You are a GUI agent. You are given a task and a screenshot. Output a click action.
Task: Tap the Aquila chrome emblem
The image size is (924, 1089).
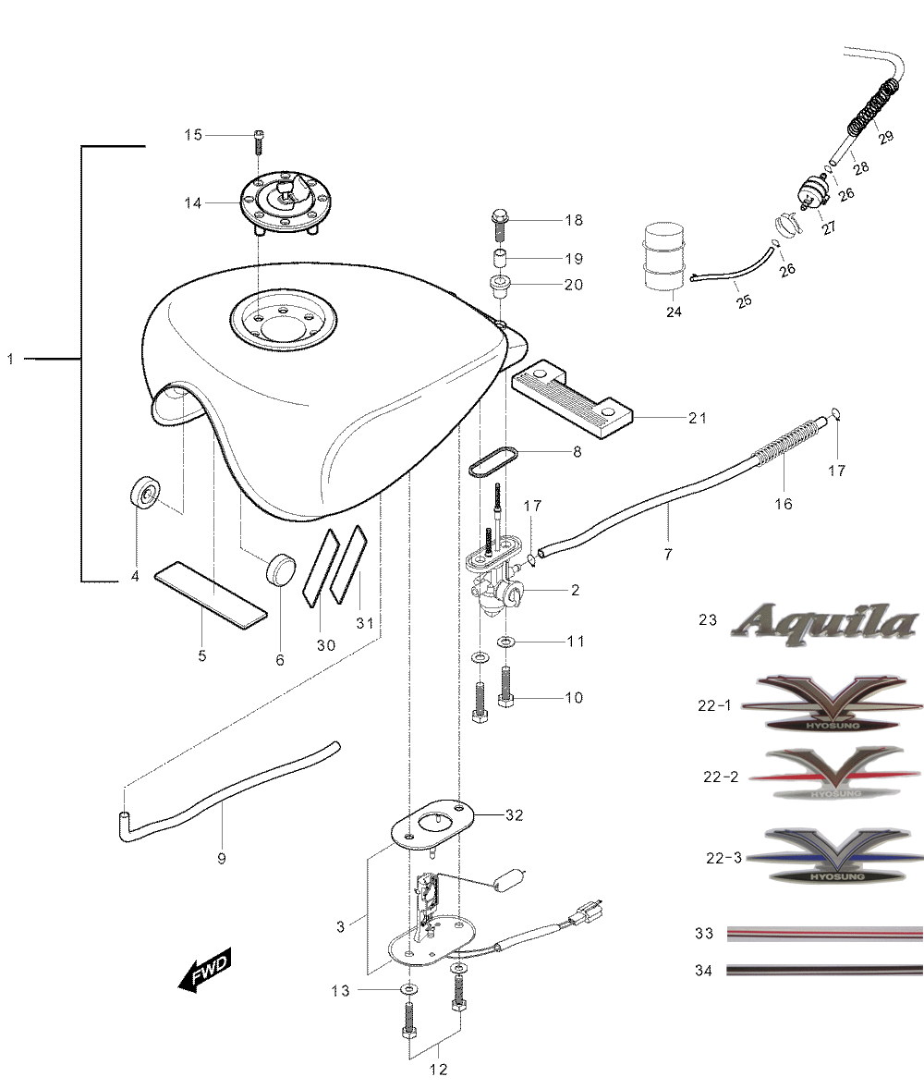click(x=824, y=623)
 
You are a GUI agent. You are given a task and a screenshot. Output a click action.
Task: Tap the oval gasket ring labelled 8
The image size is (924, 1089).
click(x=493, y=462)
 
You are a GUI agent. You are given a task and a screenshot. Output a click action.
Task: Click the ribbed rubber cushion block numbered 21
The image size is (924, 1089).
click(x=573, y=398)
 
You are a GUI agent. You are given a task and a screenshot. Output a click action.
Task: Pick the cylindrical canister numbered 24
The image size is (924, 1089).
click(x=664, y=256)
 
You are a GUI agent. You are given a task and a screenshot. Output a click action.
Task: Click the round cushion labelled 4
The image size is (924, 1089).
click(x=145, y=493)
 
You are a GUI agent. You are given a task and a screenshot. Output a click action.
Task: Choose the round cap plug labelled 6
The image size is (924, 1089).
click(x=281, y=569)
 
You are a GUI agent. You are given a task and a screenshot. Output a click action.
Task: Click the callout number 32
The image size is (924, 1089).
click(x=515, y=814)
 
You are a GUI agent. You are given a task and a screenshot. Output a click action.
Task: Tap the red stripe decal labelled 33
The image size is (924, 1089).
click(x=825, y=934)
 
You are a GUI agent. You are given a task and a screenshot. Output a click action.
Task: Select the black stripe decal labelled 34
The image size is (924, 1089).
click(x=825, y=970)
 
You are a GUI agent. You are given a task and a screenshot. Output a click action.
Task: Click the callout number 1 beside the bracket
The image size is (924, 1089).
click(x=10, y=359)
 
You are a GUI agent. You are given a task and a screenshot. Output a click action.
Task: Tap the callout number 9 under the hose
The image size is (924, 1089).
click(x=222, y=859)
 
